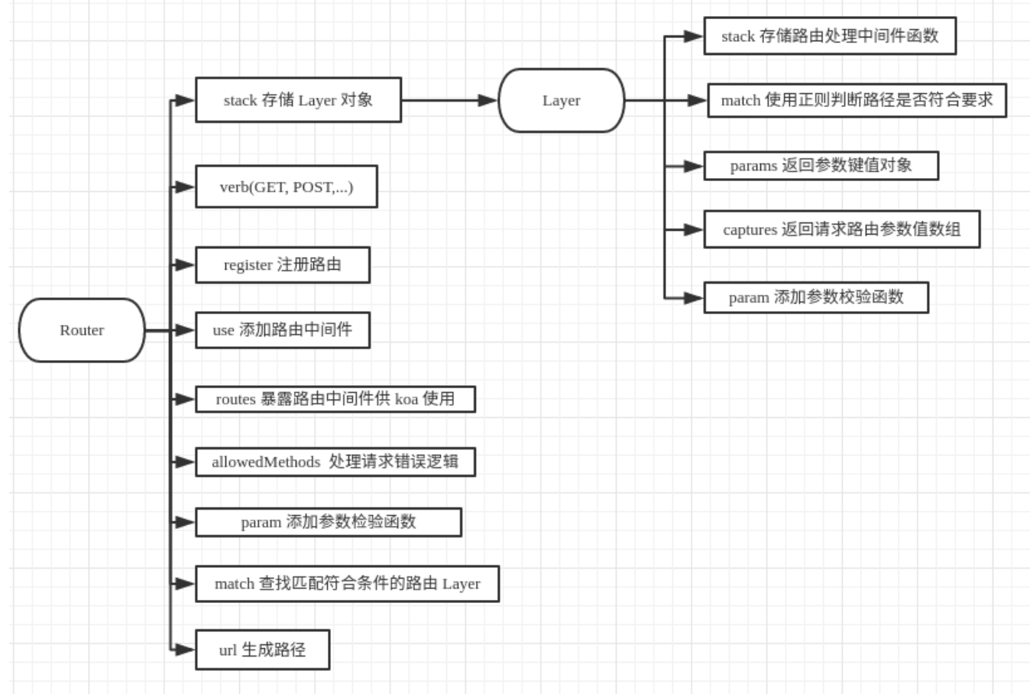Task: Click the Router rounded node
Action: point(82,330)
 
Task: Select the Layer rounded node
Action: point(562,100)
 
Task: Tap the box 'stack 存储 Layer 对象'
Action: point(298,99)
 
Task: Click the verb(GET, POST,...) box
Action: point(287,186)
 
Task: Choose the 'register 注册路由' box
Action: point(283,264)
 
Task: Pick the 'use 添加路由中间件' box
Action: point(283,330)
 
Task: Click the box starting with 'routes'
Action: point(335,399)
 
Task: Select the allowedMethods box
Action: point(335,462)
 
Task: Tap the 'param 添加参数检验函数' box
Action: point(329,522)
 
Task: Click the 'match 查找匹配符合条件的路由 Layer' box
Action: point(347,584)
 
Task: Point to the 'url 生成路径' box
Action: point(262,650)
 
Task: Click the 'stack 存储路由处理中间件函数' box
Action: point(830,36)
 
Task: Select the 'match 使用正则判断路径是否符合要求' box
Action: point(857,100)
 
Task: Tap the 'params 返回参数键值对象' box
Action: point(821,165)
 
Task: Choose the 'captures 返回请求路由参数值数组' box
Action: point(841,229)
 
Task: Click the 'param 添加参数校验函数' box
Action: point(816,297)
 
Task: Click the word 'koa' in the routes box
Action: point(406,399)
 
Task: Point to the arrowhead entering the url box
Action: point(184,650)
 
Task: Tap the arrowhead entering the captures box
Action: point(693,229)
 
